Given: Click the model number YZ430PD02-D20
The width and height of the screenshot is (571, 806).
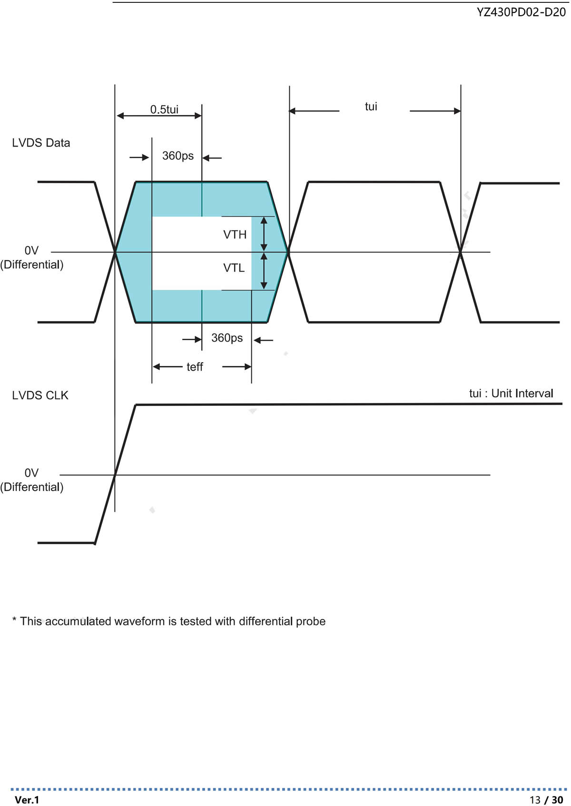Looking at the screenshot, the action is [x=521, y=12].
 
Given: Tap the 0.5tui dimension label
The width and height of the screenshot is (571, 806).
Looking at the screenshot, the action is [x=164, y=109].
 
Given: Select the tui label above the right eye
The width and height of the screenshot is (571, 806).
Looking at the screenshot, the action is [x=371, y=107].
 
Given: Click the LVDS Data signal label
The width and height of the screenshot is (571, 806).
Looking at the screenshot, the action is [x=41, y=143].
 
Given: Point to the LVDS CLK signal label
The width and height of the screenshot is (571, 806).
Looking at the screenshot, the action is [x=40, y=395].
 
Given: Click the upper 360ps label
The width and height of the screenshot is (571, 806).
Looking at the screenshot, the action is [x=178, y=156].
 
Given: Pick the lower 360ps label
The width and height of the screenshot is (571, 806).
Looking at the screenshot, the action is [x=227, y=338].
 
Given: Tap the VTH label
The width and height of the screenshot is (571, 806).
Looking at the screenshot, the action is [x=235, y=235].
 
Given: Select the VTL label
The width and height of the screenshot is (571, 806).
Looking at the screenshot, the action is [x=234, y=268].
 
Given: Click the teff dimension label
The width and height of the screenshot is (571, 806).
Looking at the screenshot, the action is [x=195, y=367].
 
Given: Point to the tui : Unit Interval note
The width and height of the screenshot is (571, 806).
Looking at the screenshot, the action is [x=511, y=393].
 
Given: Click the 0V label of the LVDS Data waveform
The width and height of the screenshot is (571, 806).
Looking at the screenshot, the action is [x=31, y=250].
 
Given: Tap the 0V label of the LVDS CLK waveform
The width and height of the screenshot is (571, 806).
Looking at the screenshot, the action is [x=31, y=473].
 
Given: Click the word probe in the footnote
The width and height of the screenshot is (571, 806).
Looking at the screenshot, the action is [x=311, y=621].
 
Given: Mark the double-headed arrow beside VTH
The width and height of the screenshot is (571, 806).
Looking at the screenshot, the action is [x=264, y=234].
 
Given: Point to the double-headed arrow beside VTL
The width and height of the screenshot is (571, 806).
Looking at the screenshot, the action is [x=264, y=271].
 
